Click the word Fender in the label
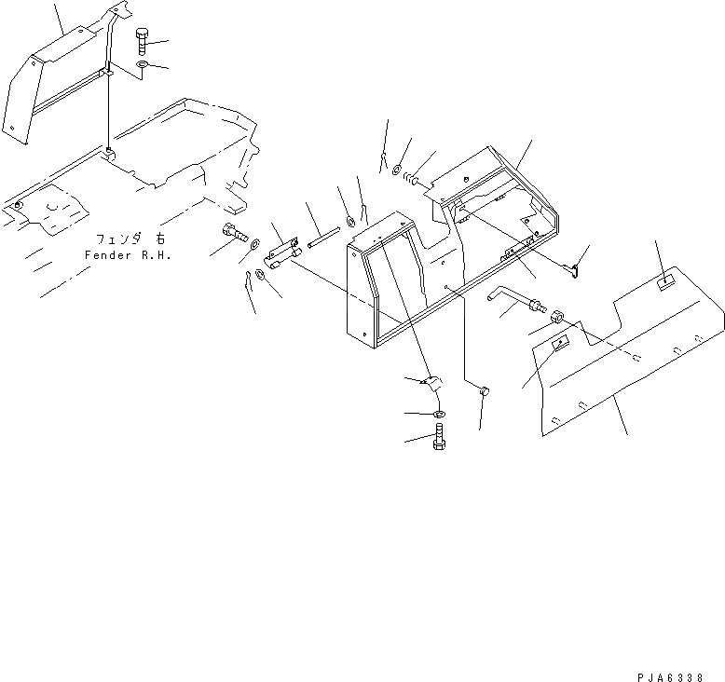pos(103,254)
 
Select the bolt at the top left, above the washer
pos(141,40)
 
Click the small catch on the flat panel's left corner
pos(561,344)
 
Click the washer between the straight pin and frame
pos(350,221)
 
